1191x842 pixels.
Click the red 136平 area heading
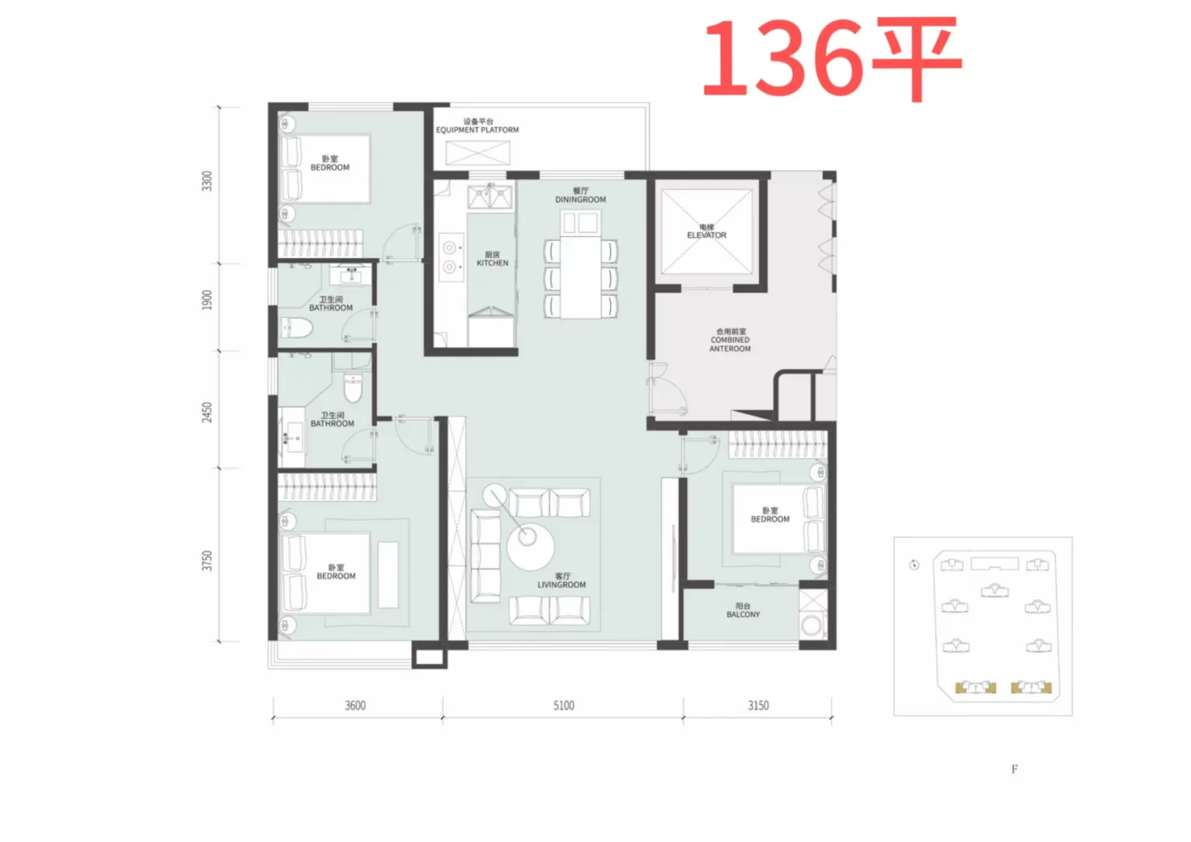click(833, 58)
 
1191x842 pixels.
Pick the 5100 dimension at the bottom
click(564, 706)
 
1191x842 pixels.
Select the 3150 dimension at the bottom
click(758, 706)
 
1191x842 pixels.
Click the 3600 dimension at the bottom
click(355, 706)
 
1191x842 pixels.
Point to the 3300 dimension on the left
click(207, 181)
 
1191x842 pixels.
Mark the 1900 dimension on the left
click(207, 300)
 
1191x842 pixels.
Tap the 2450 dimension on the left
click(207, 412)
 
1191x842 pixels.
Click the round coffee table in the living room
click(530, 547)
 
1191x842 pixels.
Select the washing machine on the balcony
click(812, 625)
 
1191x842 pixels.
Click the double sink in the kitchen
click(490, 196)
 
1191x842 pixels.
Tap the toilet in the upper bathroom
click(295, 328)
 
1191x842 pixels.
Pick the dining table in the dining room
click(580, 264)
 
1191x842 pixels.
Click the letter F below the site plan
click(1015, 769)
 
